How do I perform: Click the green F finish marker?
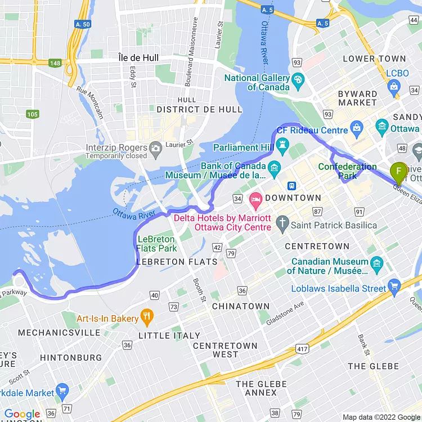(x=399, y=171)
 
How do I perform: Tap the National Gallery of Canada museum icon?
(x=298, y=79)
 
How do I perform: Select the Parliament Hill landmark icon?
(x=282, y=147)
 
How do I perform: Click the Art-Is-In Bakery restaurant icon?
(x=147, y=318)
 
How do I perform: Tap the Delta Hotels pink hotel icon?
(x=255, y=199)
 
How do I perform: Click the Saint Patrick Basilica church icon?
(x=282, y=225)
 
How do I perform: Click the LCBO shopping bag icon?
(x=394, y=87)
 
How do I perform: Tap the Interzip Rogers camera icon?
(x=156, y=147)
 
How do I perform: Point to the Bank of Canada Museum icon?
(x=274, y=167)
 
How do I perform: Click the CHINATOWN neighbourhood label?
(x=241, y=307)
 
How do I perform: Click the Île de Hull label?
(x=138, y=57)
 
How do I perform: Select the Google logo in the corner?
(x=23, y=415)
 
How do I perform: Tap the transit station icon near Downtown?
(x=292, y=186)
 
